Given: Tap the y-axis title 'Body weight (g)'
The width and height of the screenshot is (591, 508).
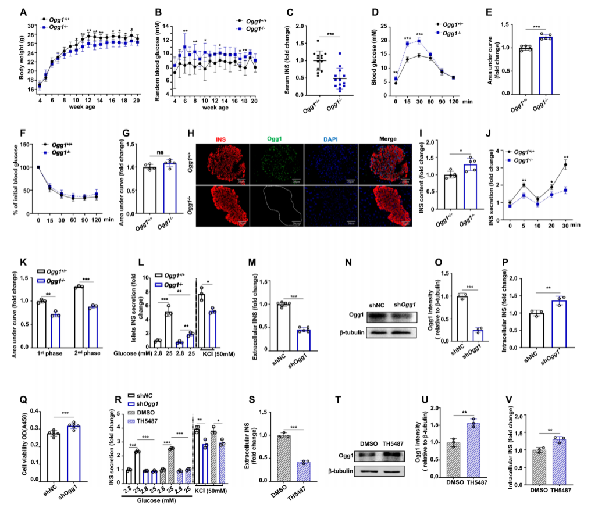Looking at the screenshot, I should click(x=22, y=58).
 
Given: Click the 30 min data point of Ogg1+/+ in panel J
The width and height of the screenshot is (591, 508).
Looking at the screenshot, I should click(x=565, y=164).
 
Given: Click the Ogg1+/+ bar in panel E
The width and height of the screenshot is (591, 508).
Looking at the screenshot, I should click(x=526, y=71).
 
